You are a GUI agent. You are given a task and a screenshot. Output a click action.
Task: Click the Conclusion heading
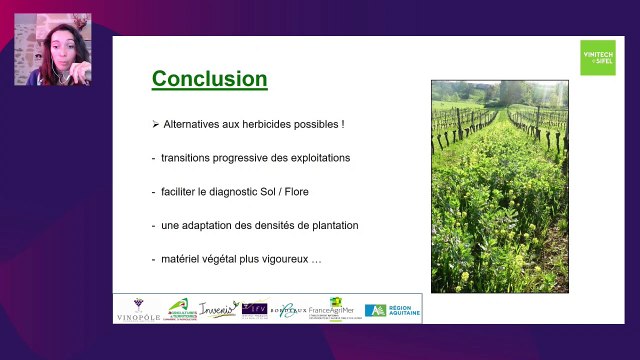(209, 79)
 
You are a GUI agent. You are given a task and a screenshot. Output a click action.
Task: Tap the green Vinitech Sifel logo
(598, 57)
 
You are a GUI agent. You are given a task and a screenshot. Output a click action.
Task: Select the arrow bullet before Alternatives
(155, 125)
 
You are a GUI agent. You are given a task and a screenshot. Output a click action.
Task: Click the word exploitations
(318, 158)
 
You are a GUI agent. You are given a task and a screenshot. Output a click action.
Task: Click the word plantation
(331, 225)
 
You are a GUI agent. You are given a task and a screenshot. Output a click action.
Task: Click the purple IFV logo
(254, 309)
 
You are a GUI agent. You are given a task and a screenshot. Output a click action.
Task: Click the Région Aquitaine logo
(393, 310)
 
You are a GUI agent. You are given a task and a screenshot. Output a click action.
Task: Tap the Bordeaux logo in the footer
(287, 310)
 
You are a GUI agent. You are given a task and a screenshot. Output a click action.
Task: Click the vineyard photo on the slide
(499, 186)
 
